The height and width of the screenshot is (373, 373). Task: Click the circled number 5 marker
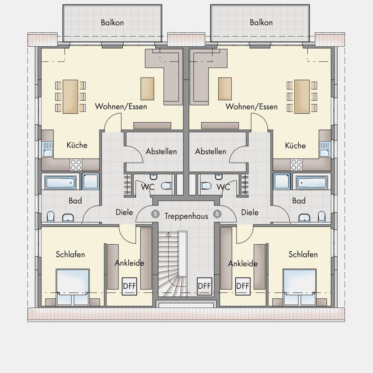coord(155,214)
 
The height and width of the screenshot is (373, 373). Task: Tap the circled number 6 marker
coord(217,214)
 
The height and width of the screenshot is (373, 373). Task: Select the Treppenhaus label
coord(186,216)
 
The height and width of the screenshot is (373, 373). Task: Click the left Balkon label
coord(112,23)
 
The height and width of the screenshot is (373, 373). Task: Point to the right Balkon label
coord(261,22)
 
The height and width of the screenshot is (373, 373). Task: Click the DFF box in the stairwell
coord(204,286)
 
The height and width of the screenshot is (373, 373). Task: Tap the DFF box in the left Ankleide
coord(129,286)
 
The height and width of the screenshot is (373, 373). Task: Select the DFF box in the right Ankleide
coord(243,286)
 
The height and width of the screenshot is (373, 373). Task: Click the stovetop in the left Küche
coord(76,164)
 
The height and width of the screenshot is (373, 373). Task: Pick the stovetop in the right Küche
coord(297,164)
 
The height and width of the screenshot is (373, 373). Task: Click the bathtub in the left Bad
coord(60,183)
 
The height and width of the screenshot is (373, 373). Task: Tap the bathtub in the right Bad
coord(312,183)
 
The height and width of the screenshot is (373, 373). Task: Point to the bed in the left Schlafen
coord(73,287)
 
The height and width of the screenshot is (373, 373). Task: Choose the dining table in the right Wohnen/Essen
coord(302,97)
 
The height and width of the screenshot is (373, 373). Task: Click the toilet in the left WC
coord(166,186)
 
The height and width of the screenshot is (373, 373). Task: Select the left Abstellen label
coord(161,151)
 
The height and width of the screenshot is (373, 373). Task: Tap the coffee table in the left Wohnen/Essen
coord(147,89)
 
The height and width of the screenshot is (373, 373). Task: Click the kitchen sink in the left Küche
coord(48,149)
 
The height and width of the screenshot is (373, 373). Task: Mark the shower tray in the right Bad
coord(282,181)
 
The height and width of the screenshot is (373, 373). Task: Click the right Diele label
coord(250,212)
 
